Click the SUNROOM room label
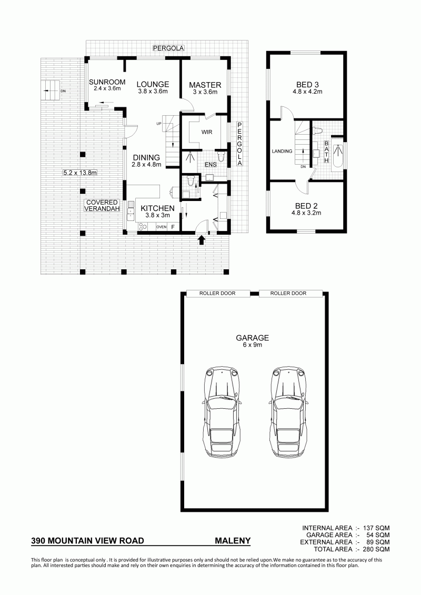point(107,82)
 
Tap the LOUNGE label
point(153,84)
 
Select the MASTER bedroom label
point(205,85)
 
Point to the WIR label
point(207,132)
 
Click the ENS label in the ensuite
point(210,165)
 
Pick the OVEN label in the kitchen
point(162,227)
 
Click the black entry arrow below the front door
point(202,240)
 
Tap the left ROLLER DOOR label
point(217,294)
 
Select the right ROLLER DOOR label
point(288,294)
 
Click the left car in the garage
point(222,413)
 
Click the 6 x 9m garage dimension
point(253,345)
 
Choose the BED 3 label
point(307,85)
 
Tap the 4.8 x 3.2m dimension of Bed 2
point(306,213)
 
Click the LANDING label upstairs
point(282,151)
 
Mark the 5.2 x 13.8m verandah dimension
point(79,173)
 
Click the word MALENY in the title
point(233,541)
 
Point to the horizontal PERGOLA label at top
point(168,48)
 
